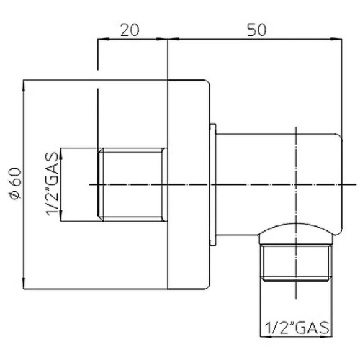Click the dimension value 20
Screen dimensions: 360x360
(130, 30)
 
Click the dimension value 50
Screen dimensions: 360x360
(256, 30)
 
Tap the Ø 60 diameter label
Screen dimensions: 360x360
(15, 184)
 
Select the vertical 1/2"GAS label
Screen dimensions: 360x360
(52, 184)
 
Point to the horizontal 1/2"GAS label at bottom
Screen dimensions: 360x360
(297, 328)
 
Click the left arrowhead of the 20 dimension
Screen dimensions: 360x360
(103, 39)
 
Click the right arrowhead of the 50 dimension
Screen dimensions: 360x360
(336, 39)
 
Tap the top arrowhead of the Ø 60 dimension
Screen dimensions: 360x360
(24, 86)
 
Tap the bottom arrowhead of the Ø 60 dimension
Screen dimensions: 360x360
(24, 284)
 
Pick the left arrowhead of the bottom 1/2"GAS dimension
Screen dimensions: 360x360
(266, 337)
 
